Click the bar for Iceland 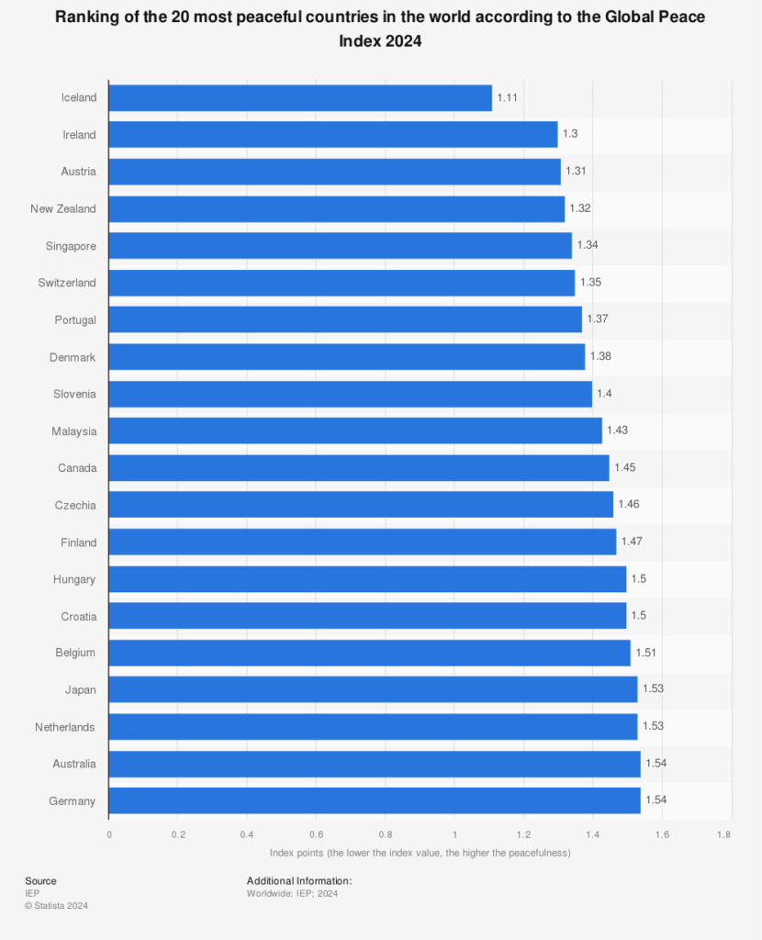click(300, 98)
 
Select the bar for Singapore click(340, 246)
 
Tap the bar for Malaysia click(355, 431)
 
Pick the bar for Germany click(375, 800)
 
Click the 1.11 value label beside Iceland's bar click(508, 97)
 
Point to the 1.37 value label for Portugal click(598, 319)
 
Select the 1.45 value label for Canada click(624, 468)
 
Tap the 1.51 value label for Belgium click(645, 653)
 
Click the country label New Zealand click(62, 209)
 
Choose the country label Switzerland click(66, 283)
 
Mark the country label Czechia click(76, 505)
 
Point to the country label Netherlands click(65, 727)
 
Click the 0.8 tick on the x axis click(385, 835)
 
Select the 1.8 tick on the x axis click(723, 835)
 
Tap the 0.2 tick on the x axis click(178, 835)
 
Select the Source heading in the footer click(40, 881)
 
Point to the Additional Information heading click(299, 881)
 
